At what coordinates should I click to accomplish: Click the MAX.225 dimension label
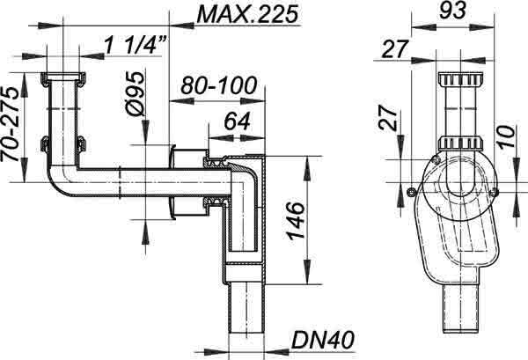pyautogui.click(x=247, y=15)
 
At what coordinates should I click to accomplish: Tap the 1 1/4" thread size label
pyautogui.click(x=135, y=45)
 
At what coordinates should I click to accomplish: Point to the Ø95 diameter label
pyautogui.click(x=134, y=93)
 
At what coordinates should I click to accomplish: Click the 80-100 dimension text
pyautogui.click(x=219, y=85)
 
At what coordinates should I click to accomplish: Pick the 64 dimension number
pyautogui.click(x=238, y=121)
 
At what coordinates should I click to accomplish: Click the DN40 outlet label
pyautogui.click(x=322, y=340)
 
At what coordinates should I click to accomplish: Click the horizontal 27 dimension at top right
pyautogui.click(x=395, y=49)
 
